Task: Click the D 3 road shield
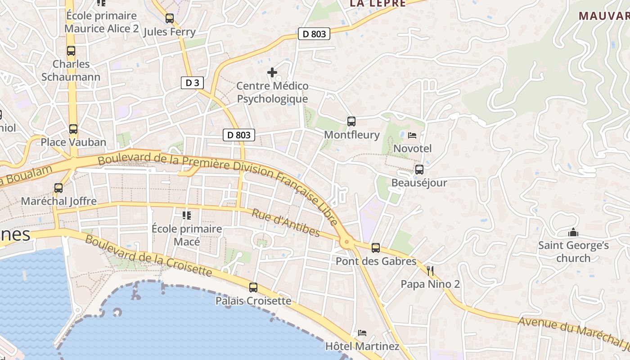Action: click(x=192, y=83)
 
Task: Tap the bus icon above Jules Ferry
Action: click(x=170, y=18)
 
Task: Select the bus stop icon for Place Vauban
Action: click(x=73, y=129)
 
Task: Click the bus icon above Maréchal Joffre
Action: click(x=58, y=188)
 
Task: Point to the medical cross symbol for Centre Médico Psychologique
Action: click(x=272, y=72)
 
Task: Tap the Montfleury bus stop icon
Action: click(x=351, y=121)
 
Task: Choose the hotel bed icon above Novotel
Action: click(x=412, y=135)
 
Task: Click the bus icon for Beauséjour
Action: click(x=419, y=170)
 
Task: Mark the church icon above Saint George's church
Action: click(x=573, y=233)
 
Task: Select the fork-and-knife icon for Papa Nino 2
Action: click(x=430, y=270)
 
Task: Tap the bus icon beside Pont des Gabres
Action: click(x=376, y=247)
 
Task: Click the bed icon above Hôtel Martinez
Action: click(x=362, y=333)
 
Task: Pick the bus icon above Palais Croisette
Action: click(x=253, y=288)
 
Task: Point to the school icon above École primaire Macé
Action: click(x=187, y=216)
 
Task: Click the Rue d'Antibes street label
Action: click(x=286, y=223)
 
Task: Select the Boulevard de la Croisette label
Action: click(x=148, y=256)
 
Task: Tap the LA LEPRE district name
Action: click(x=378, y=4)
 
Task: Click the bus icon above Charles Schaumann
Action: click(x=71, y=50)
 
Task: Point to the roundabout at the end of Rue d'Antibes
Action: click(x=346, y=243)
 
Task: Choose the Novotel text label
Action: click(x=413, y=148)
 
